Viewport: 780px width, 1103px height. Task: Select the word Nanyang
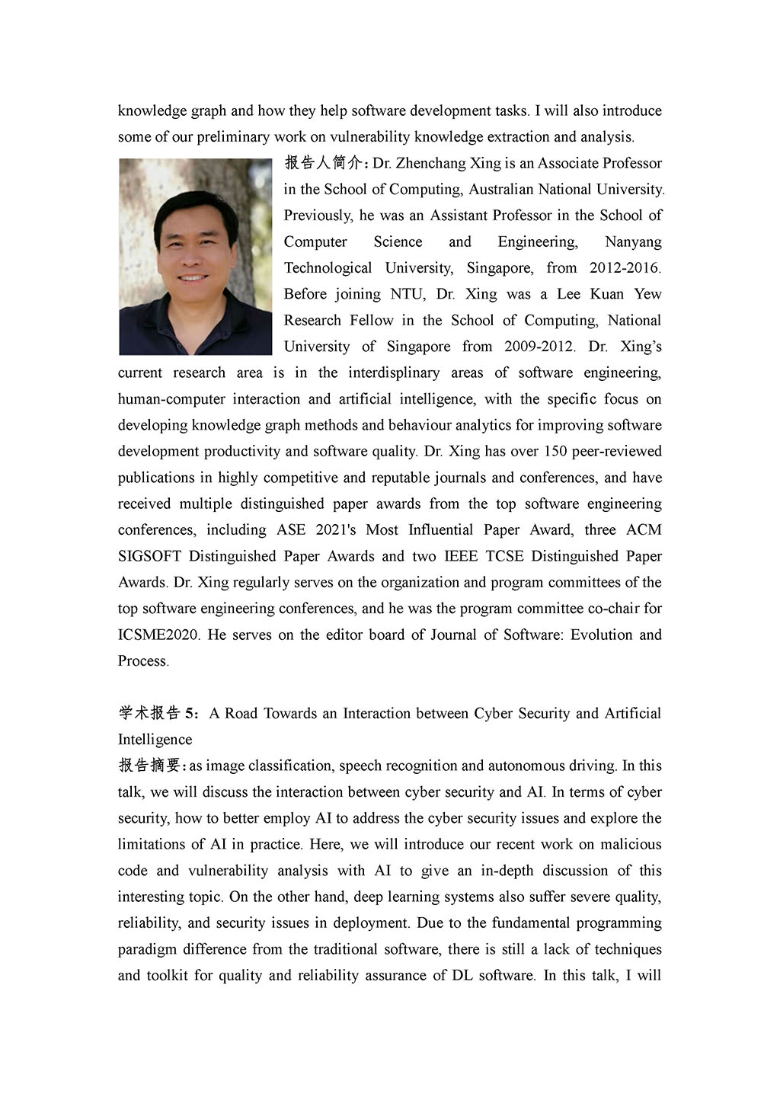633,241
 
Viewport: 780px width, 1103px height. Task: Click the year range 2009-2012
539,347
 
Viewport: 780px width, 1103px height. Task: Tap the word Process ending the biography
142,661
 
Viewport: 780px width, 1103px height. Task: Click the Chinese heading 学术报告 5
155,713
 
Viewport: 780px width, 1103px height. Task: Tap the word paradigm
149,949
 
